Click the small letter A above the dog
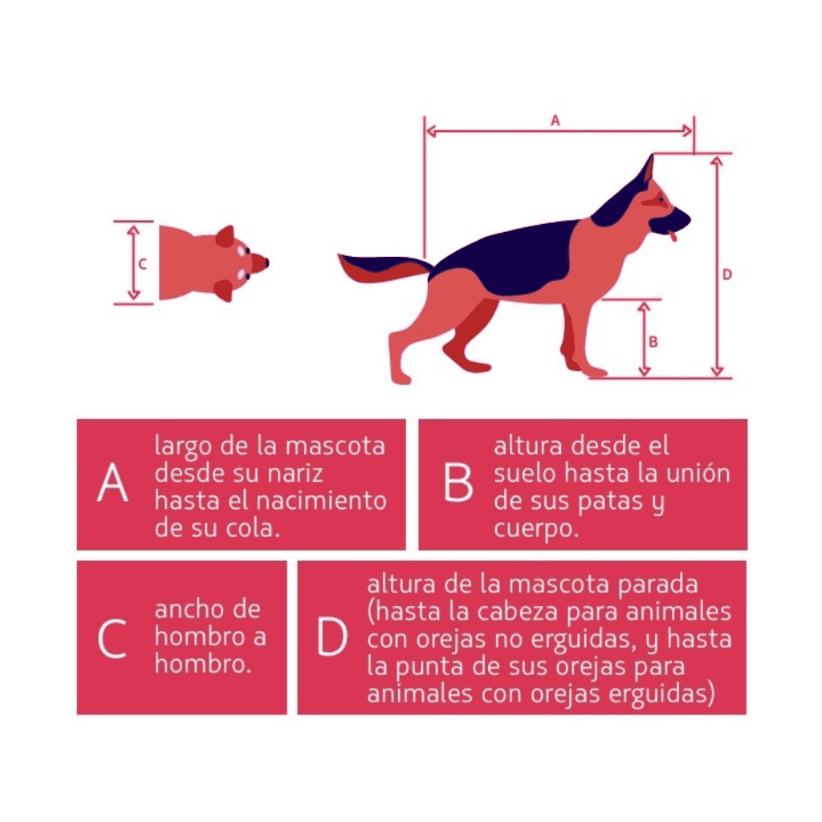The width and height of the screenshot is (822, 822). coord(555,120)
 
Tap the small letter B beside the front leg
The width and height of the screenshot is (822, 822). coord(653,342)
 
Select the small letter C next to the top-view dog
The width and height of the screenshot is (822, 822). coord(142,264)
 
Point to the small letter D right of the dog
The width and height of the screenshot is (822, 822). coord(727,275)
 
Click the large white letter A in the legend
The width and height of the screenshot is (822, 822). coord(112,482)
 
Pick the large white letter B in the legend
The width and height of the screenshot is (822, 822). coord(458,482)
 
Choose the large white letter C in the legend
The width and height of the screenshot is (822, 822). coord(112,638)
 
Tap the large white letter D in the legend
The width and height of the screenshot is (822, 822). coord(332,637)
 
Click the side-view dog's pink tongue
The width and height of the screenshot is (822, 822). coord(673,236)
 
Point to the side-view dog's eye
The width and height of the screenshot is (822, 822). coord(661,199)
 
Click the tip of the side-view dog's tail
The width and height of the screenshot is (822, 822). coord(340,255)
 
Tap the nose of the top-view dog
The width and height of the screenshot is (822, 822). coord(266,262)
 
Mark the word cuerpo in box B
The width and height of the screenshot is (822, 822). coord(535,528)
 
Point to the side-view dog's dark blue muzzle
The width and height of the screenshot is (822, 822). coord(673,219)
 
